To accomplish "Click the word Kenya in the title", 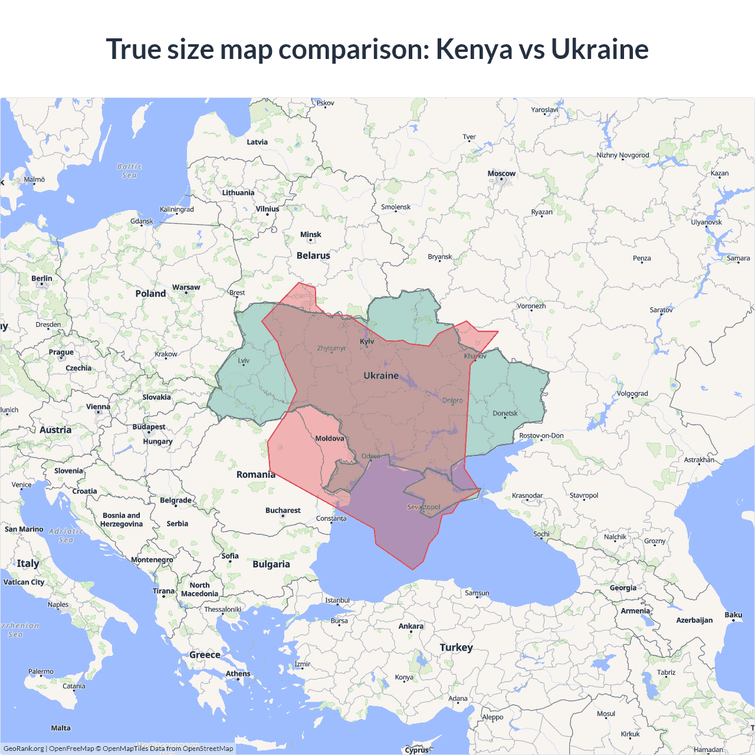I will (474, 49).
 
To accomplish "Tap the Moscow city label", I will (501, 173).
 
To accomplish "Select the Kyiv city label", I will (367, 342).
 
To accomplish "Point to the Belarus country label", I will (313, 255).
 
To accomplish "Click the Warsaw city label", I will (186, 287).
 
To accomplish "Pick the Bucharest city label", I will (283, 510).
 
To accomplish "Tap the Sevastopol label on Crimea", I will (424, 507).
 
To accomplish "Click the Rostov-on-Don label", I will (541, 436).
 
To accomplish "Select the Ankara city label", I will (411, 626).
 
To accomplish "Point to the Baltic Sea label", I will (129, 171).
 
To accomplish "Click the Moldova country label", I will (329, 438).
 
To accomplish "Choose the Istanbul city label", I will (337, 600).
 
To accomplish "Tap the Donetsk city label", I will (505, 413).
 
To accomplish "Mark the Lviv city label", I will (244, 360).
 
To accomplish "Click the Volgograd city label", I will (632, 393).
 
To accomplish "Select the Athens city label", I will (238, 674).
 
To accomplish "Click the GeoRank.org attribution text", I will (24, 749).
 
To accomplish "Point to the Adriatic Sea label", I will (66, 536).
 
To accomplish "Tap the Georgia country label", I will (623, 587).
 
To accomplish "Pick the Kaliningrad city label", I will (176, 209).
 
